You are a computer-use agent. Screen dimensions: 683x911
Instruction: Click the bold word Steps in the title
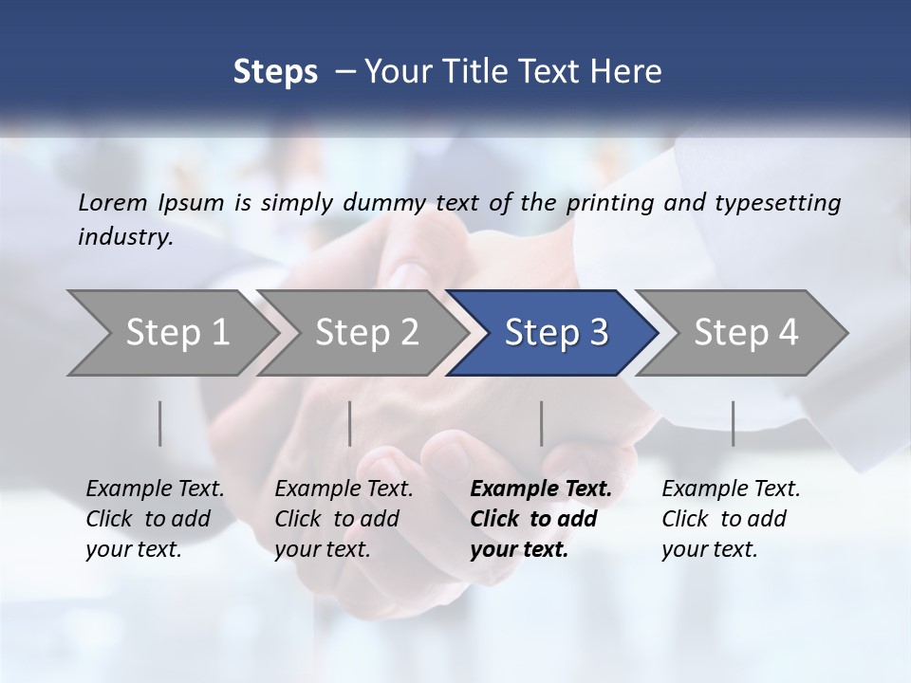click(275, 72)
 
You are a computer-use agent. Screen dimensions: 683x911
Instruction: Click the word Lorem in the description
click(112, 203)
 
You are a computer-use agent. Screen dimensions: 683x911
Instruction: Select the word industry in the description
click(125, 237)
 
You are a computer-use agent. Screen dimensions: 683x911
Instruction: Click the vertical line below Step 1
click(160, 423)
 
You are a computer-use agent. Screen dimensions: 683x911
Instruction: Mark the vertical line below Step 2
click(350, 423)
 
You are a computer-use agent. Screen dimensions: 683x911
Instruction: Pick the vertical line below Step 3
click(542, 423)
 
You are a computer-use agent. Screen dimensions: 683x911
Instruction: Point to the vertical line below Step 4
click(734, 423)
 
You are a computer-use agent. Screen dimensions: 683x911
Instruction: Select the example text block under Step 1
click(155, 519)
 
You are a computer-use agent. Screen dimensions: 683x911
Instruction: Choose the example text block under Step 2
click(344, 519)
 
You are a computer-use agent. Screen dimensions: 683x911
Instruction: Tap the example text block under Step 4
click(731, 519)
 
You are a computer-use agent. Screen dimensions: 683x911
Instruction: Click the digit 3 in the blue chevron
click(598, 333)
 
